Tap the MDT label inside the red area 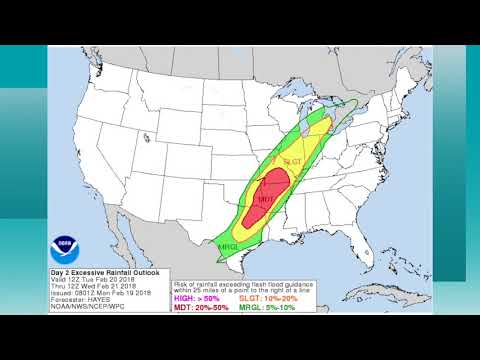point(266,200)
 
